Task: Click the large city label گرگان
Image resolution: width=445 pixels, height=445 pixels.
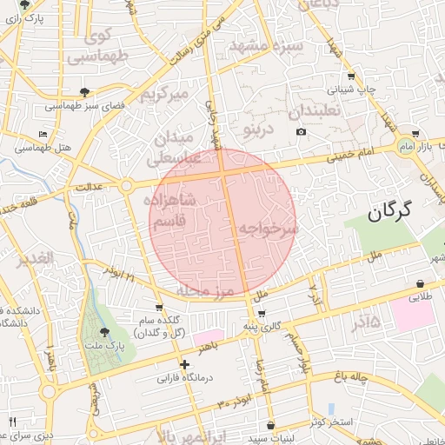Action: (x=399, y=211)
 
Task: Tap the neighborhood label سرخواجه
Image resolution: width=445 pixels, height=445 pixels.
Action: (x=269, y=228)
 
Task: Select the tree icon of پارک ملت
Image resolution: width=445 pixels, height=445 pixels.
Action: (x=104, y=332)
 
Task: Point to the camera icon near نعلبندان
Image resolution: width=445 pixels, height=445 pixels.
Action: (x=301, y=131)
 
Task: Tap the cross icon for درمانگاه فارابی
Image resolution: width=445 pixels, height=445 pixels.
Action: (x=183, y=364)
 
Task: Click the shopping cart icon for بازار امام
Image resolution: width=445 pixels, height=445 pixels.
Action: (x=415, y=134)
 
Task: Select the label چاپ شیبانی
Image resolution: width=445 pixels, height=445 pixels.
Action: (x=351, y=89)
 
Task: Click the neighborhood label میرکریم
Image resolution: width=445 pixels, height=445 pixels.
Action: (x=165, y=94)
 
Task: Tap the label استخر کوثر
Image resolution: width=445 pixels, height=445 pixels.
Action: (x=351, y=422)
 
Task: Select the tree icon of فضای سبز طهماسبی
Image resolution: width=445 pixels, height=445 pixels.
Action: (x=84, y=91)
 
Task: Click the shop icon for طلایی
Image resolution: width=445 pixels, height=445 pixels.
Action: (x=421, y=283)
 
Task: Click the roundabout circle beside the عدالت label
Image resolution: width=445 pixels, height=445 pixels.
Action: (x=126, y=185)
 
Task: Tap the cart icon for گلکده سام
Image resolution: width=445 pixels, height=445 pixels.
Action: (x=158, y=307)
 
